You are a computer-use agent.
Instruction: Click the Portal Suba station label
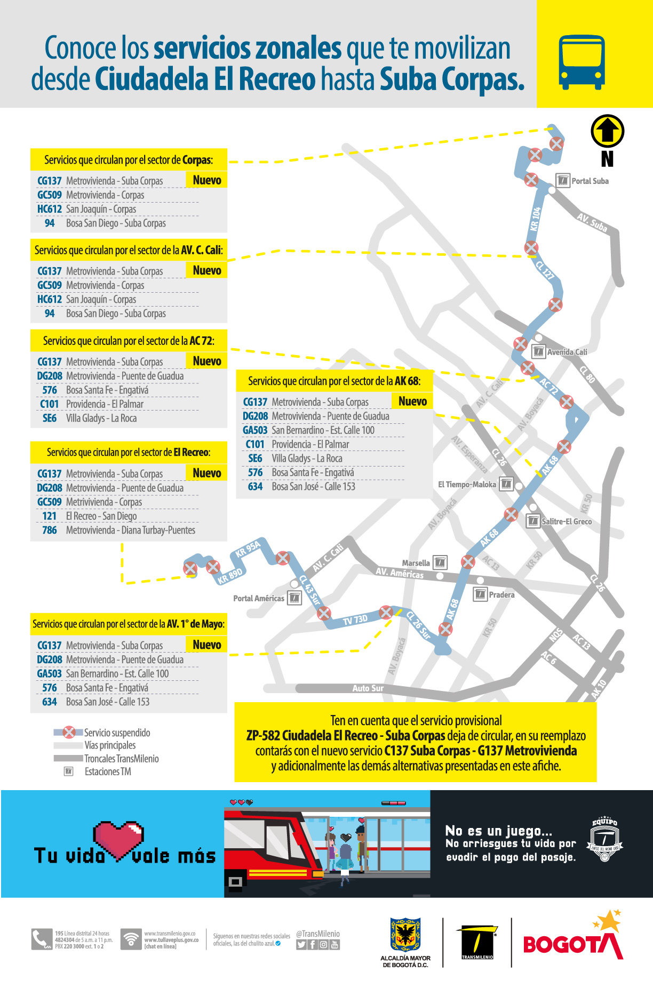(x=590, y=181)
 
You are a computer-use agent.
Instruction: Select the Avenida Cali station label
(x=567, y=352)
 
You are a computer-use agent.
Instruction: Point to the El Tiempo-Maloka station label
(x=467, y=485)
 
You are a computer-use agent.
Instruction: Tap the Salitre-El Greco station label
(x=566, y=521)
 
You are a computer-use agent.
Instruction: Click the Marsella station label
(x=416, y=563)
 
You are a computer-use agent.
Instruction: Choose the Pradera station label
(x=501, y=595)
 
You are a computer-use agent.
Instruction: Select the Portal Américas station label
(x=259, y=598)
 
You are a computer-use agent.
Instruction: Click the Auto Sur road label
(x=368, y=688)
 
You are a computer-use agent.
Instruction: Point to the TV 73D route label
(x=355, y=620)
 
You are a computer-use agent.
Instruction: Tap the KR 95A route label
(x=248, y=549)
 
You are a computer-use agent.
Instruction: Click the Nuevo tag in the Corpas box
(x=207, y=180)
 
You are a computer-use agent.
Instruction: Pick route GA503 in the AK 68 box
(x=255, y=430)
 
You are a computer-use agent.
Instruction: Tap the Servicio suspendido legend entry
(x=117, y=733)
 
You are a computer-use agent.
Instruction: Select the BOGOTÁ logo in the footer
(x=573, y=944)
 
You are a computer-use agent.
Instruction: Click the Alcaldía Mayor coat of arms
(x=405, y=935)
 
